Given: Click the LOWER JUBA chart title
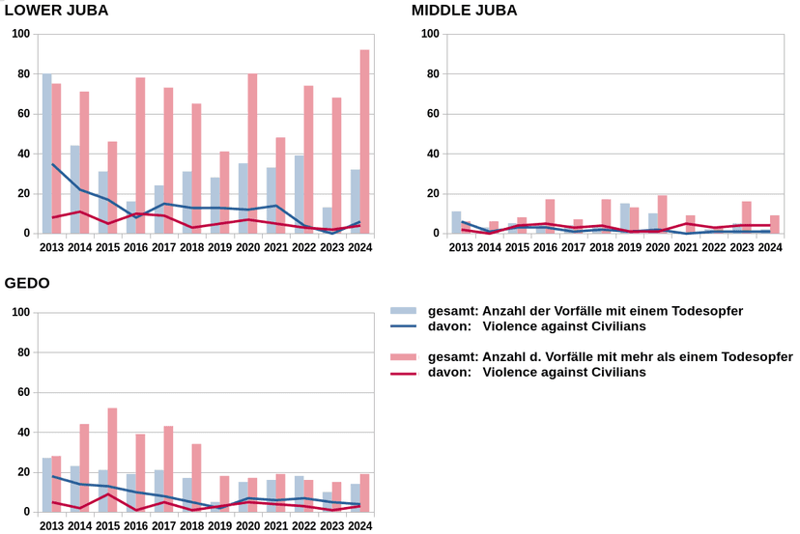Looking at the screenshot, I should pyautogui.click(x=57, y=11).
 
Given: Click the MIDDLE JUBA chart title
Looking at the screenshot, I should pyautogui.click(x=465, y=11).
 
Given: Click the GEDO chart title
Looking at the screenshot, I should pyautogui.click(x=27, y=283).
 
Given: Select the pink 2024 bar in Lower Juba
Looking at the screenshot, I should pyautogui.click(x=364, y=142).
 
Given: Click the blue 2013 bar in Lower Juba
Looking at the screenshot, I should pyautogui.click(x=46, y=154).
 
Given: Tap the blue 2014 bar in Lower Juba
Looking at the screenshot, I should pyautogui.click(x=75, y=189).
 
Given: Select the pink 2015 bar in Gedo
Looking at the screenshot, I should pyautogui.click(x=112, y=460).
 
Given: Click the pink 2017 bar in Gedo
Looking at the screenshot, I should pyautogui.click(x=168, y=468).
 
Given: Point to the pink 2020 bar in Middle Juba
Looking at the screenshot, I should pyautogui.click(x=662, y=214).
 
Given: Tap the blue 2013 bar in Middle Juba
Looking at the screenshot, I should pyautogui.click(x=456, y=222).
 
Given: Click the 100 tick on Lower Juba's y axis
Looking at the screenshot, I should pyautogui.click(x=20, y=35).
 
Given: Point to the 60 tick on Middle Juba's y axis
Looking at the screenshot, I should pyautogui.click(x=431, y=114).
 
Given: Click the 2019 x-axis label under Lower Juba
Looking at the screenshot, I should pyautogui.click(x=219, y=248).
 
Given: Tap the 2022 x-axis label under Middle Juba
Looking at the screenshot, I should pyautogui.click(x=714, y=248).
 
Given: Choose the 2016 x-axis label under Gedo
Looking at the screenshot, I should pyautogui.click(x=135, y=526).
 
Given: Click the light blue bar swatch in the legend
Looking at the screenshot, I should pyautogui.click(x=403, y=311).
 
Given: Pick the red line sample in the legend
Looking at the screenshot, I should pyautogui.click(x=403, y=373).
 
